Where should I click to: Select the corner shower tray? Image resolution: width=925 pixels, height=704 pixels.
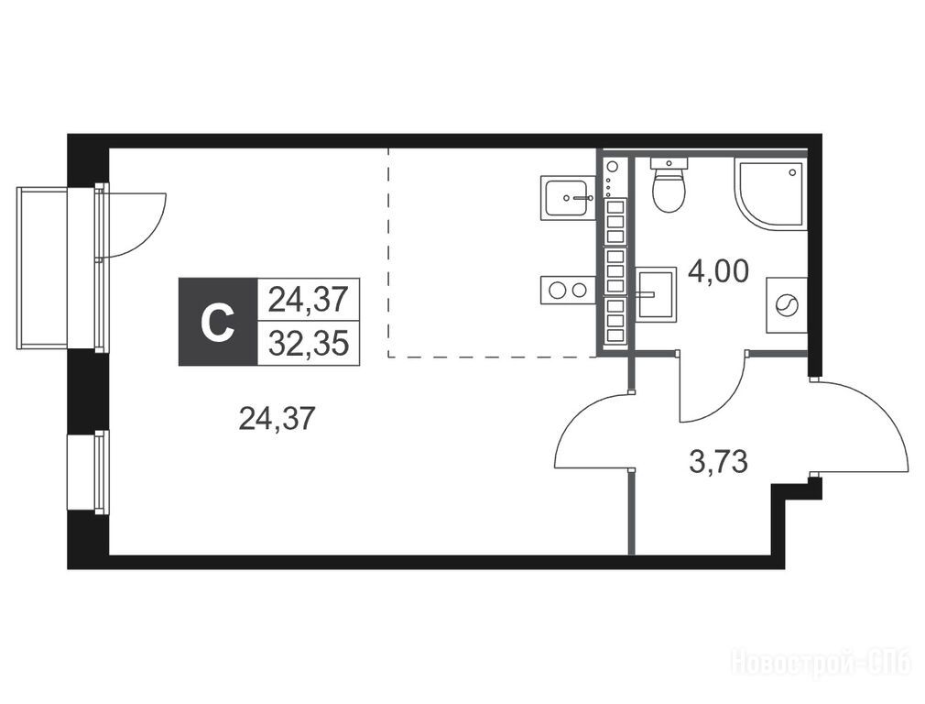point(770,193)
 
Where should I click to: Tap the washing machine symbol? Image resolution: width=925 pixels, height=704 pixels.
point(786,305)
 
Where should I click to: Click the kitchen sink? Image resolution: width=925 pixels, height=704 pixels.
point(567,198)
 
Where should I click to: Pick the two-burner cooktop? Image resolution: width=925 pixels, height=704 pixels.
point(567,290)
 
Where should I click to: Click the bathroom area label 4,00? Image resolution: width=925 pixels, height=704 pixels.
point(719,271)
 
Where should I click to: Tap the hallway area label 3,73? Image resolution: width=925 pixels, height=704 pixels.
point(719,461)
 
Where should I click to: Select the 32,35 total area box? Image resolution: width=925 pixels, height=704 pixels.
point(309,343)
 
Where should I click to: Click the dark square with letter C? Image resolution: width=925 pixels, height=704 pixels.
point(218,322)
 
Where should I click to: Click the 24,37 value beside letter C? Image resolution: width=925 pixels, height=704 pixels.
point(309,300)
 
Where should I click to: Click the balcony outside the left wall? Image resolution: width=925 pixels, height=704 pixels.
point(42,268)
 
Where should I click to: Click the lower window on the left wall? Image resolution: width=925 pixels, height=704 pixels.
point(88,471)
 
